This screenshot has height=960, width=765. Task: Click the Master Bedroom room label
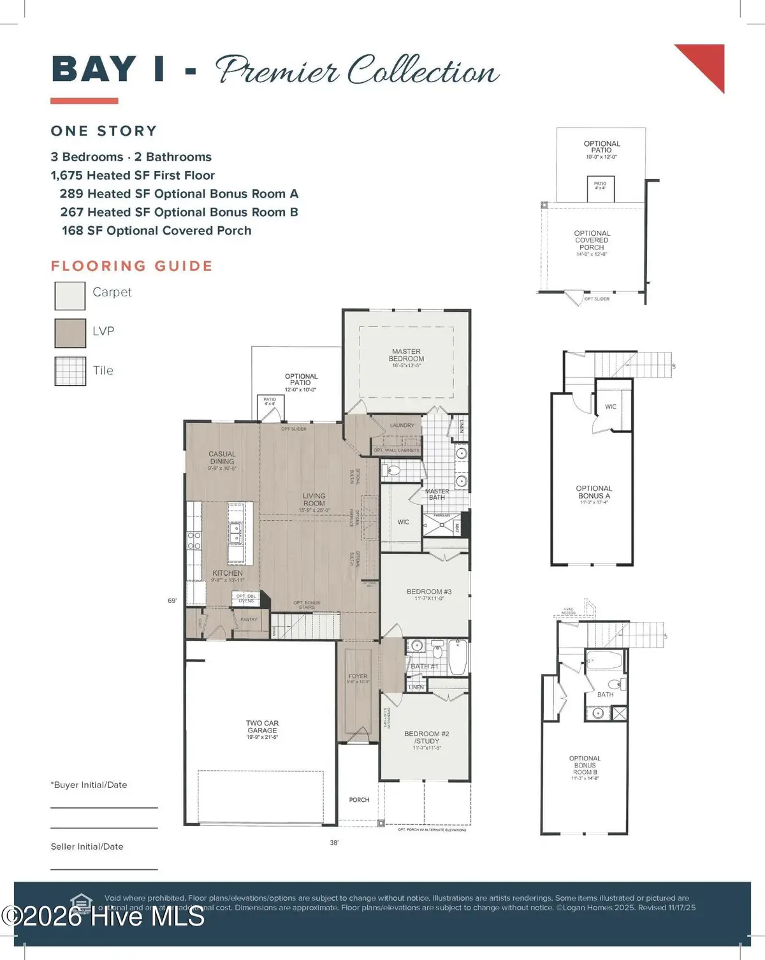[406, 356]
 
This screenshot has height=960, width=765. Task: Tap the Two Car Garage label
[262, 727]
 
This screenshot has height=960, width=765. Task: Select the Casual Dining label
[222, 458]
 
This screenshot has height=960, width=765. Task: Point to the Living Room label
[314, 500]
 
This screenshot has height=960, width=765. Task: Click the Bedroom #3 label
[428, 592]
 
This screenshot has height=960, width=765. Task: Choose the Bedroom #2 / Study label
[426, 738]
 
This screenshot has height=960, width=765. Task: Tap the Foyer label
[358, 676]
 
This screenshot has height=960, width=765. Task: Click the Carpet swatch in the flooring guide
[70, 296]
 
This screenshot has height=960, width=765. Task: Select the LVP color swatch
[70, 333]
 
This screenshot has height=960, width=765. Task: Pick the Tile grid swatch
[70, 371]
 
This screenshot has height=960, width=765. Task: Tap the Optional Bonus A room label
[594, 492]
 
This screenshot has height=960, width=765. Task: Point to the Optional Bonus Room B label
[585, 765]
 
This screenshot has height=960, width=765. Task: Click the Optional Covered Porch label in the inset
[592, 240]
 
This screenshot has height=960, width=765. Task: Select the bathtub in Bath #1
[457, 658]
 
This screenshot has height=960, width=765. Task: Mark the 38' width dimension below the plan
[334, 843]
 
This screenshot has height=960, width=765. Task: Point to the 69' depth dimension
[172, 600]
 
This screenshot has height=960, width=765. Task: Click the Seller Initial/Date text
[87, 847]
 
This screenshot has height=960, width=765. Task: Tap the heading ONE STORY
[104, 131]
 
